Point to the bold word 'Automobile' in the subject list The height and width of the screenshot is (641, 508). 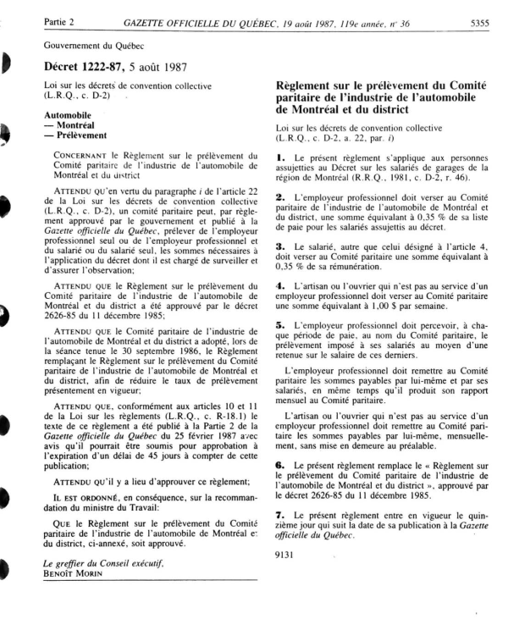pyautogui.click(x=68, y=113)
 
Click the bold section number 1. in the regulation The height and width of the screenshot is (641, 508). pyautogui.click(x=279, y=158)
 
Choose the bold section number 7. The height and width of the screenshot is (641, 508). pyautogui.click(x=279, y=516)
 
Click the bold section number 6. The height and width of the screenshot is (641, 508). pyautogui.click(x=279, y=467)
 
